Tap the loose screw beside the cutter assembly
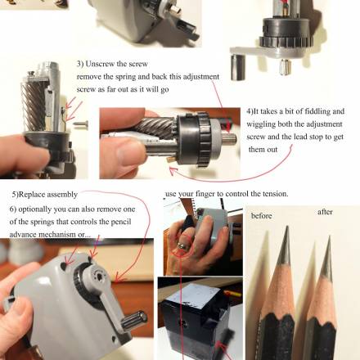82,124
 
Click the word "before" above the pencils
261,216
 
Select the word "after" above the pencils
325,212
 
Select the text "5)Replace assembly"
45,195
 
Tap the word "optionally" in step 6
34,209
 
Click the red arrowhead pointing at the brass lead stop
173,171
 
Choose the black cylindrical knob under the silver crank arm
238,67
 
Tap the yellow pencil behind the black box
232,294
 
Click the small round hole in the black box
183,324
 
